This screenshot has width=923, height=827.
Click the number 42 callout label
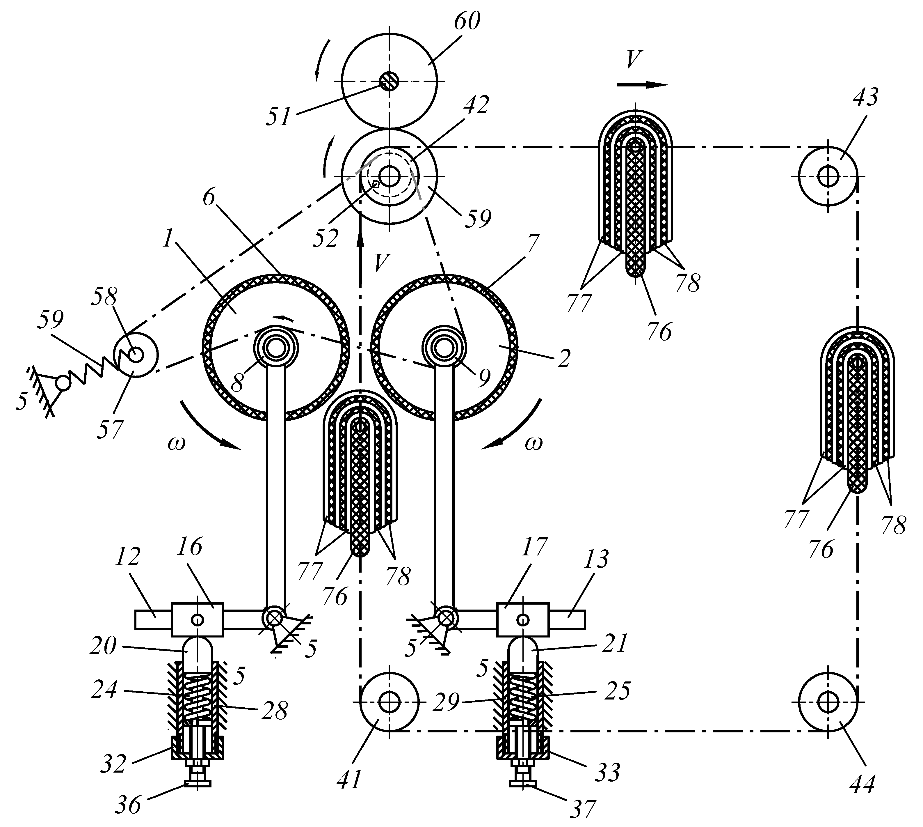click(476, 105)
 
